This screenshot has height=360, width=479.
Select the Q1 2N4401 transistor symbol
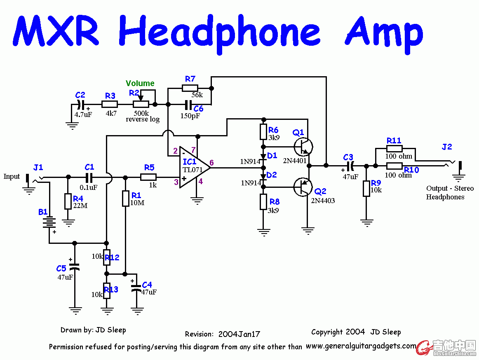tap(303, 146)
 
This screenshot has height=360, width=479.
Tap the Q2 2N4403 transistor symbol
tap(303, 187)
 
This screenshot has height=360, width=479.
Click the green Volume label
tap(140, 84)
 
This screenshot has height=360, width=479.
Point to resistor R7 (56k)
tap(190, 88)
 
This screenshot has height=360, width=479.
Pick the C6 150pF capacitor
tap(188, 104)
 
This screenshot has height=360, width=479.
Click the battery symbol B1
tap(49, 222)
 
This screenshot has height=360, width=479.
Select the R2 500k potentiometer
tap(140, 104)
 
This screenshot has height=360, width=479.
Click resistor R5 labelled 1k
tap(148, 177)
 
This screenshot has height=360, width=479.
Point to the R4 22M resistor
tap(68, 202)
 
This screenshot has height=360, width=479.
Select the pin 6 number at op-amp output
tap(212, 163)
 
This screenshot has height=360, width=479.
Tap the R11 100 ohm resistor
tap(394, 149)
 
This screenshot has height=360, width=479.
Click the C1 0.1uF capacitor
tap(89, 178)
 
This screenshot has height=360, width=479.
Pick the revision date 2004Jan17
tap(239, 334)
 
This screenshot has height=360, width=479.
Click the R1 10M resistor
tap(126, 199)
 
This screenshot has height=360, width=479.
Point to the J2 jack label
tap(447, 147)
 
